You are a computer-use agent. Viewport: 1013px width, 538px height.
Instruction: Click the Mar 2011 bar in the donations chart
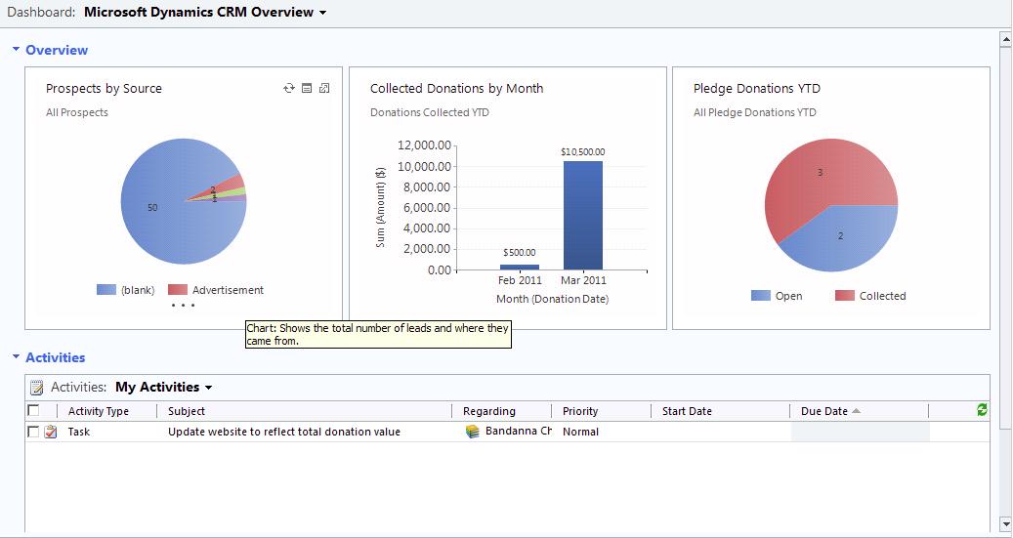tap(582, 215)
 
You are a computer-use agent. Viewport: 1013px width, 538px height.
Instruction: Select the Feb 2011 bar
tap(519, 267)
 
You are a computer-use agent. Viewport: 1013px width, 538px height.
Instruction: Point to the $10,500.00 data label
tap(582, 152)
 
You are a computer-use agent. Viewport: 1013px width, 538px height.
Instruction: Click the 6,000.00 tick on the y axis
tap(425, 208)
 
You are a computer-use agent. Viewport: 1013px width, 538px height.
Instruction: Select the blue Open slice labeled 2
tap(841, 239)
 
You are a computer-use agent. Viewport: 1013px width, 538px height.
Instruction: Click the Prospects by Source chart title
tap(104, 88)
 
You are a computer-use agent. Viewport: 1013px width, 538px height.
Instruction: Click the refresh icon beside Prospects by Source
tap(289, 89)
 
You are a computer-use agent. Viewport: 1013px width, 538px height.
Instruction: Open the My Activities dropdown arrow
tap(209, 388)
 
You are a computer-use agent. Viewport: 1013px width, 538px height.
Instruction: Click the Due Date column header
tap(824, 411)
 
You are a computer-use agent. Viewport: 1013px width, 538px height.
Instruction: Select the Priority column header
tap(580, 411)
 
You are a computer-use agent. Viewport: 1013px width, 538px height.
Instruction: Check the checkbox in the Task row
tap(34, 432)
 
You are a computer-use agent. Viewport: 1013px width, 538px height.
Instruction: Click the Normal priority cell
tap(580, 432)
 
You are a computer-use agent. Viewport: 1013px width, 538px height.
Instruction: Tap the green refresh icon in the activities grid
tap(982, 411)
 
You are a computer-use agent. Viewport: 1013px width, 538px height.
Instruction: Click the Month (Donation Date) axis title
tap(552, 299)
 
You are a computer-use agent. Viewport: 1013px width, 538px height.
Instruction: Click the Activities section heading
tap(55, 357)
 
